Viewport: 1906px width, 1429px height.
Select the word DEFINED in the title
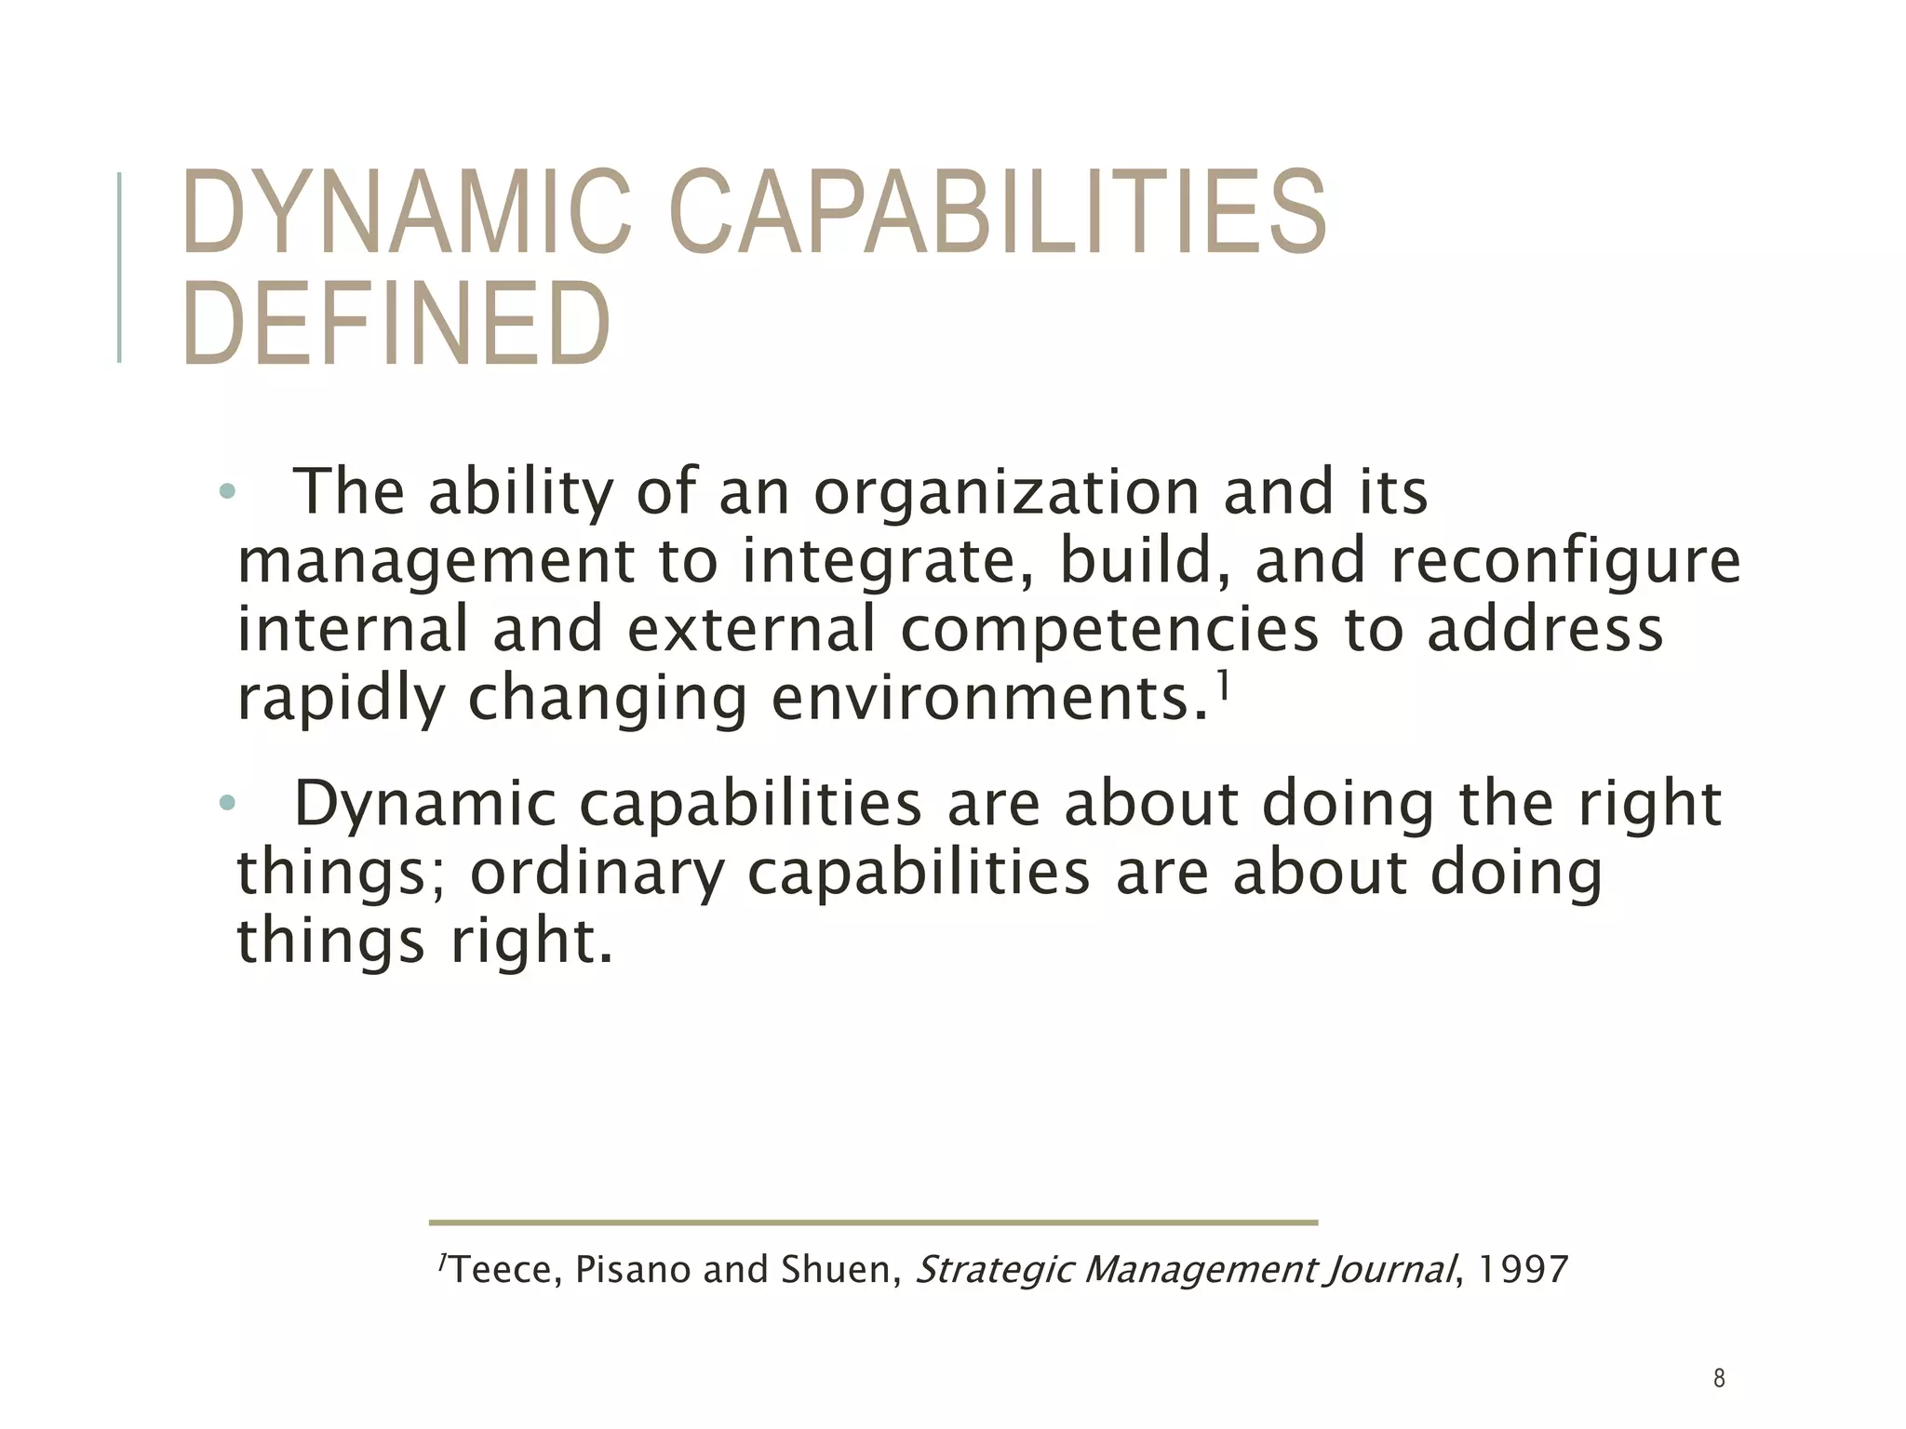396,324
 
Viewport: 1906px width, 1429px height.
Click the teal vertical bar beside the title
119,267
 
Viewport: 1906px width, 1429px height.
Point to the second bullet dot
227,802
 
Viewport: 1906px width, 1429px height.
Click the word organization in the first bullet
1006,493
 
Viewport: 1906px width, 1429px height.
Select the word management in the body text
436,562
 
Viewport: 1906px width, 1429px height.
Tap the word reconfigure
1564,562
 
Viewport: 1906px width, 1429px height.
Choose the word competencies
1109,630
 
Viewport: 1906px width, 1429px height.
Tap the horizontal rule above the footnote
873,1222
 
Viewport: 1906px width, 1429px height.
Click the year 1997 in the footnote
1523,1270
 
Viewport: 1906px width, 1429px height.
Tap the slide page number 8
1719,1379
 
